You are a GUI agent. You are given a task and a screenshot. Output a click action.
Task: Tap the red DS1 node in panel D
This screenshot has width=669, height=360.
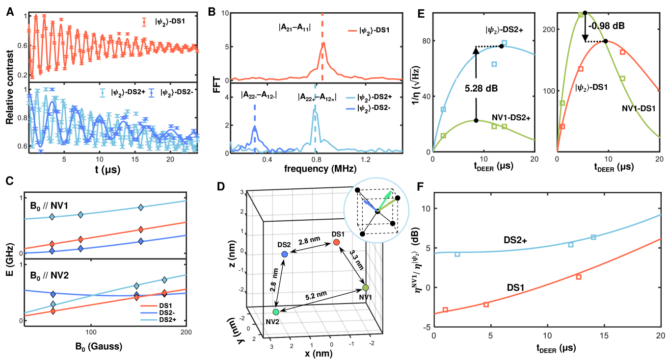click(x=336, y=242)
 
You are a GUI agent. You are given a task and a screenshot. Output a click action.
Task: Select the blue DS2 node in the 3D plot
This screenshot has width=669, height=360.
click(x=284, y=254)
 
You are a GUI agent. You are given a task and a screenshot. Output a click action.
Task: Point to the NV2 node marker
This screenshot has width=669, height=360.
click(x=276, y=312)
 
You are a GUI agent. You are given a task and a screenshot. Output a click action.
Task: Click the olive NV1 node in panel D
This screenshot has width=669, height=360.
click(x=365, y=287)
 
